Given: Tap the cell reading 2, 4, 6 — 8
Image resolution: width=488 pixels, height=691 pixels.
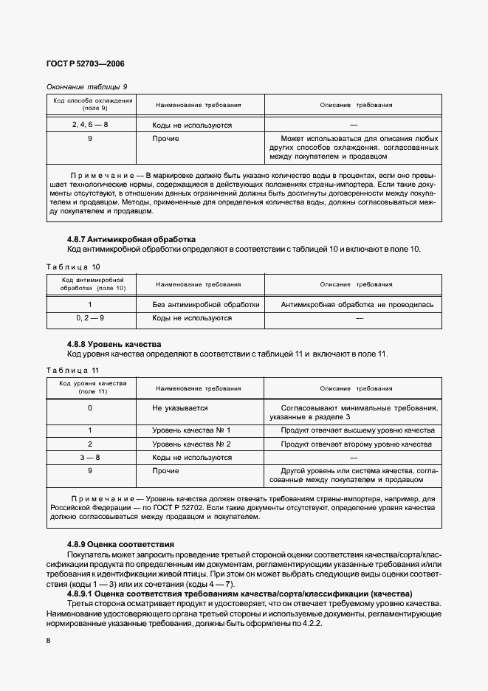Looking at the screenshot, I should pyautogui.click(x=90, y=125).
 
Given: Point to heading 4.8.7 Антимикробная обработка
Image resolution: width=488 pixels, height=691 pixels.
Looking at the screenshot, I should pyautogui.click(x=131, y=239).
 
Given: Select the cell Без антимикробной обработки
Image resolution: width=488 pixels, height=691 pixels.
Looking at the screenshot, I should pyautogui.click(x=205, y=304).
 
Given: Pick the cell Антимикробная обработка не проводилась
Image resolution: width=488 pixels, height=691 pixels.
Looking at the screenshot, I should pyautogui.click(x=357, y=304).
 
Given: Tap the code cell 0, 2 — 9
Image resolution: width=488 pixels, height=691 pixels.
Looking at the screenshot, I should pyautogui.click(x=90, y=318).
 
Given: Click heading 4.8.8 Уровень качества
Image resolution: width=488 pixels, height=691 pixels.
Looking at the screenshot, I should pyautogui.click(x=114, y=344).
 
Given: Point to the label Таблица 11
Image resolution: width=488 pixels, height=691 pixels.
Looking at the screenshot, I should pyautogui.click(x=73, y=370).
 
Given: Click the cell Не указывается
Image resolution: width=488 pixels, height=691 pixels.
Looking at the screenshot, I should pyautogui.click(x=179, y=408).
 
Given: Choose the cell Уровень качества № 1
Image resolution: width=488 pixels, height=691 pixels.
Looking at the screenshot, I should pyautogui.click(x=191, y=430).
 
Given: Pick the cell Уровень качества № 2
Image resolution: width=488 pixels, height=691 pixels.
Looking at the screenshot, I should pyautogui.click(x=191, y=444).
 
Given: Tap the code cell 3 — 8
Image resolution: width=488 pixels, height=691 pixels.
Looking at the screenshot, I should pyautogui.click(x=90, y=458).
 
